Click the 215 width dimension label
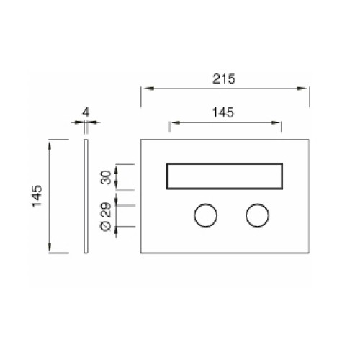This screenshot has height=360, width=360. [x=224, y=79]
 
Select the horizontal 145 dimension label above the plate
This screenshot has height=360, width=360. [x=223, y=112]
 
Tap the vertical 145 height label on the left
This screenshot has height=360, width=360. [x=37, y=196]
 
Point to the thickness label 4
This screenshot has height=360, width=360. [x=86, y=112]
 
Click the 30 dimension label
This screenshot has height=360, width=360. [x=106, y=177]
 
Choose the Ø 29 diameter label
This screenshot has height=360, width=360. [x=106, y=217]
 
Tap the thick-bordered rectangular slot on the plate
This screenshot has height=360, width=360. [x=225, y=164]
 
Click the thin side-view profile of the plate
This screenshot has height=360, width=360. [x=86, y=196]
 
